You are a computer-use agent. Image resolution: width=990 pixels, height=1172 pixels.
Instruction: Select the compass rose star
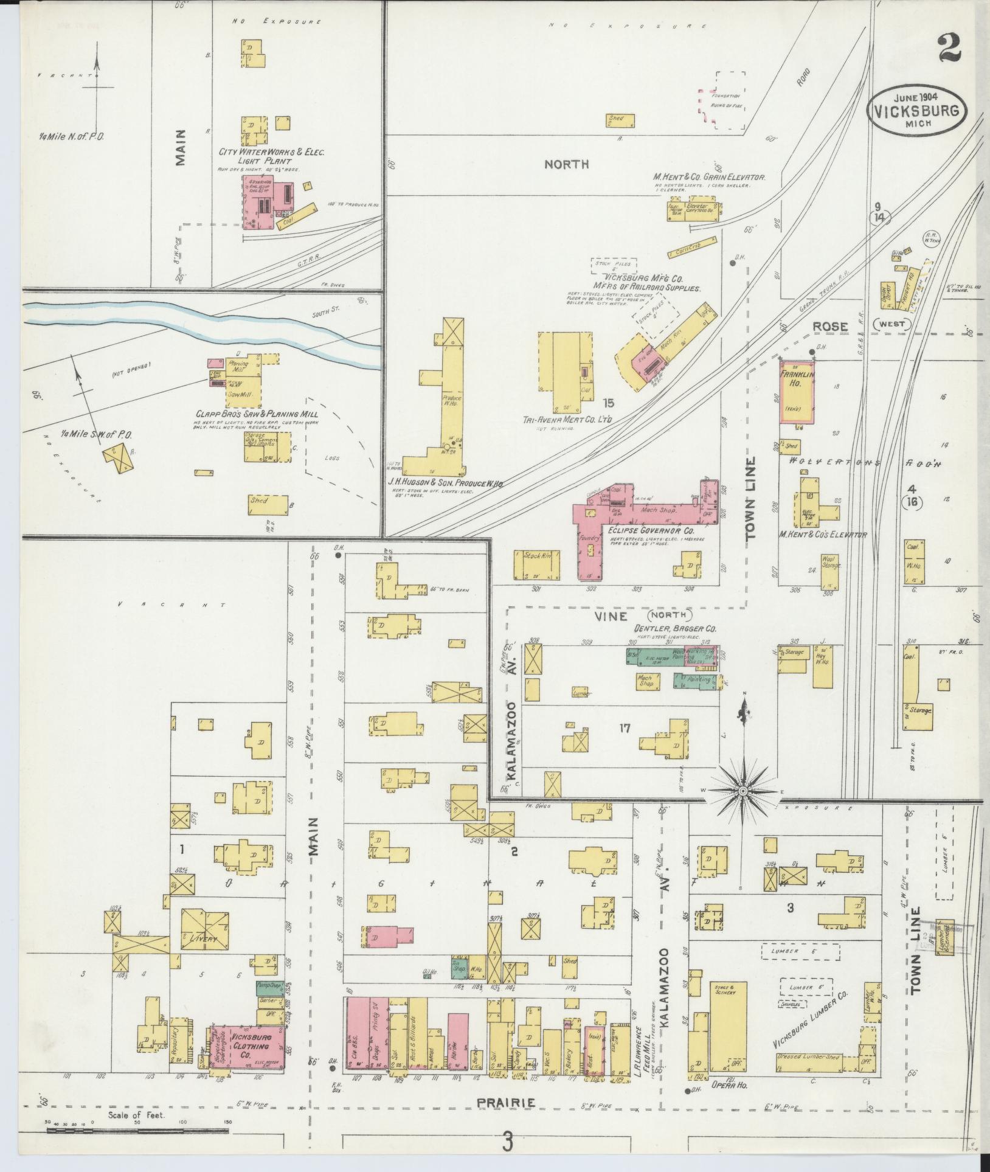coord(742,791)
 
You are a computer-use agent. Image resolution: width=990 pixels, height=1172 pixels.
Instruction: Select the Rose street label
coord(831,327)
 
